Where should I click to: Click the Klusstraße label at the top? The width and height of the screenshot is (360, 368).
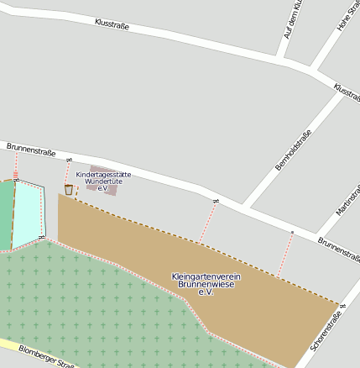coord(112,24)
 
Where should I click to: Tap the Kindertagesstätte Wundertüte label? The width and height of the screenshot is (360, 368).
coord(103,181)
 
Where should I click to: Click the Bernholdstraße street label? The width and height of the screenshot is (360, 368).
coord(293,150)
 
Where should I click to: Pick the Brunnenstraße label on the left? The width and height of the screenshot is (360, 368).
coord(30,151)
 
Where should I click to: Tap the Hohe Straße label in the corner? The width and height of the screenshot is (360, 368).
coord(347,17)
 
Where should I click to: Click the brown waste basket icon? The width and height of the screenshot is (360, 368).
coord(69,190)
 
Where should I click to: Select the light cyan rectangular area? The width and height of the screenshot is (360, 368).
coord(28,213)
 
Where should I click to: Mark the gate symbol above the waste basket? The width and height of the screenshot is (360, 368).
coord(69,160)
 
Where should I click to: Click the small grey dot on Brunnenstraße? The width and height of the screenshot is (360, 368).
coord(291,231)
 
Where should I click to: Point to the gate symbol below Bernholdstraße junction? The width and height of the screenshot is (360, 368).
coord(216,202)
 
